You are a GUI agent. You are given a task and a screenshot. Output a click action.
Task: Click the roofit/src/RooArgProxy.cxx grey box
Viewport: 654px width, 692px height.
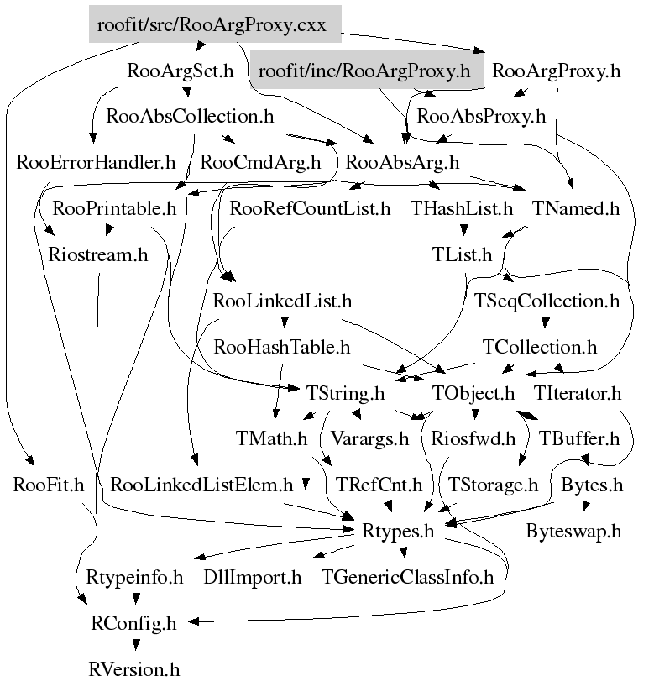(x=215, y=24)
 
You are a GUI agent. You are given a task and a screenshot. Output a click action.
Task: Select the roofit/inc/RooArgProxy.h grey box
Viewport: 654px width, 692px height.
(x=364, y=71)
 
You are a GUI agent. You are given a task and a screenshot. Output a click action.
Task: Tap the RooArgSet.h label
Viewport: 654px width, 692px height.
(x=180, y=71)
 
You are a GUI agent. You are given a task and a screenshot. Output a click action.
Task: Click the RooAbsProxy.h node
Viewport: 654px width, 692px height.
(x=481, y=117)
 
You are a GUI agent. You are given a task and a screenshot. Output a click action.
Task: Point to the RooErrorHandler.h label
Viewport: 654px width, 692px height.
(x=96, y=162)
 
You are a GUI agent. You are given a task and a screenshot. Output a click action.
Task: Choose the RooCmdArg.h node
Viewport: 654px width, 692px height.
(x=260, y=162)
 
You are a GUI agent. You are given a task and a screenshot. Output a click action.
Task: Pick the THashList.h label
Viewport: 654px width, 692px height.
(x=461, y=208)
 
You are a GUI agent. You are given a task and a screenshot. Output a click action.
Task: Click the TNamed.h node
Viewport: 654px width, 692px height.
(x=576, y=208)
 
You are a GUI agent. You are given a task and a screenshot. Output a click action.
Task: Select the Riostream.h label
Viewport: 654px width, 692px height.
(x=98, y=254)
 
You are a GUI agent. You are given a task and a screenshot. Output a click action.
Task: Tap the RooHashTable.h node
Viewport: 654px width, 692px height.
(x=282, y=346)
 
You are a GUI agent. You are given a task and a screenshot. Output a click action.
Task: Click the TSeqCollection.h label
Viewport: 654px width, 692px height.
(x=547, y=300)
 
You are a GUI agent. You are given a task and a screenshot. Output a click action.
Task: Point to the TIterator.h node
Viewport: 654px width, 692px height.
(x=578, y=392)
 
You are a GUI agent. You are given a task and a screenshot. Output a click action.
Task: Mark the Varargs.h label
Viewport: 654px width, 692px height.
(x=369, y=438)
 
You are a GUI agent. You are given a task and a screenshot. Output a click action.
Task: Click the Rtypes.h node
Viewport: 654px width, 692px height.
(x=398, y=531)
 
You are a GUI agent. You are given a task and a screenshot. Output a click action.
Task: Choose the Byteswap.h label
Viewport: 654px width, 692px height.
(x=573, y=531)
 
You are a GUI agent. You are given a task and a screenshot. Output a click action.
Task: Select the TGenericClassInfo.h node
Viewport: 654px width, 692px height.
(x=408, y=577)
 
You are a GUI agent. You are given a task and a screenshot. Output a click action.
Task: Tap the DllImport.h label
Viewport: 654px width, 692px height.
(x=253, y=577)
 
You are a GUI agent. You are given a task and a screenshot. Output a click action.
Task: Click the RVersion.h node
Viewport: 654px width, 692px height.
(x=134, y=669)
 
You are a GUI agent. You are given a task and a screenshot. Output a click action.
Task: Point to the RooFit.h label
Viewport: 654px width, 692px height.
(x=49, y=485)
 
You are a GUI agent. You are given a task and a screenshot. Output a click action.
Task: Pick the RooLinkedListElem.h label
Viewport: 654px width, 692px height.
(x=201, y=485)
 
